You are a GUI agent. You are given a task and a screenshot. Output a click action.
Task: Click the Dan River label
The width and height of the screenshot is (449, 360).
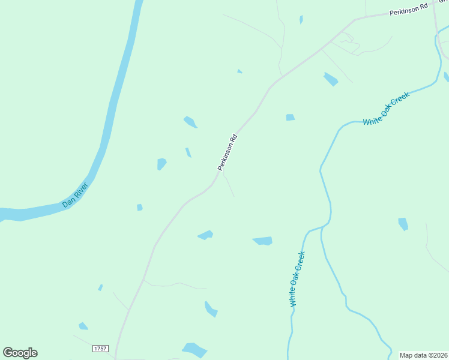point(75,196)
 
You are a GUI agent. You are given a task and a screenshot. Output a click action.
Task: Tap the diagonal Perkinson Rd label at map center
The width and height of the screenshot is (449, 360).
point(228,152)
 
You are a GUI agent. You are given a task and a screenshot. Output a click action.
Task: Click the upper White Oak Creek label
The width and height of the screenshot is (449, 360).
point(386,109)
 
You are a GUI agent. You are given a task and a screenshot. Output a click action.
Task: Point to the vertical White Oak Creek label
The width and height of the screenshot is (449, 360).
point(297,279)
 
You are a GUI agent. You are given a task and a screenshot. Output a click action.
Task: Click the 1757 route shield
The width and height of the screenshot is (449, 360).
point(100,349)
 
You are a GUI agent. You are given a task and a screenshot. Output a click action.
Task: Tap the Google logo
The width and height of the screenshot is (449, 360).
point(20,353)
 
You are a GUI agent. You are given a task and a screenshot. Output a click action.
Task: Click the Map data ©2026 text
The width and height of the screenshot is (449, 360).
point(423,355)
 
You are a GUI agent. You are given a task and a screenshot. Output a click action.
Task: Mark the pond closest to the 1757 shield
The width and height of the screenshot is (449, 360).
point(83,326)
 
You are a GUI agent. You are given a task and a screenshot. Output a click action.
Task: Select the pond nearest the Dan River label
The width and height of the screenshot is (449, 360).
point(139,208)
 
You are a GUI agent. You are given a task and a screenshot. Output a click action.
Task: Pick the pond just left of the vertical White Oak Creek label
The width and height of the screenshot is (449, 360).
point(263,241)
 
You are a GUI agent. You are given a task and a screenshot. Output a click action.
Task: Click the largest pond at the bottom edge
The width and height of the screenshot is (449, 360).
point(194,349)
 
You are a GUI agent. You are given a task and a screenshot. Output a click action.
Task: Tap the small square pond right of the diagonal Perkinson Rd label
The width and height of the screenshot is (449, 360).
point(291,118)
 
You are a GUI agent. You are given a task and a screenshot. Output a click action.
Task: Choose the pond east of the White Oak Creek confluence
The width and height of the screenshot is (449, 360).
point(403,224)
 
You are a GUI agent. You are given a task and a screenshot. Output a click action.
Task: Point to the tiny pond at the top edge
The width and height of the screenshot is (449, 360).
point(301,19)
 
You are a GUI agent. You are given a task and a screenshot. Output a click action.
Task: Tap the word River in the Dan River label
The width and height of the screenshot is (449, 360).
point(80,191)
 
